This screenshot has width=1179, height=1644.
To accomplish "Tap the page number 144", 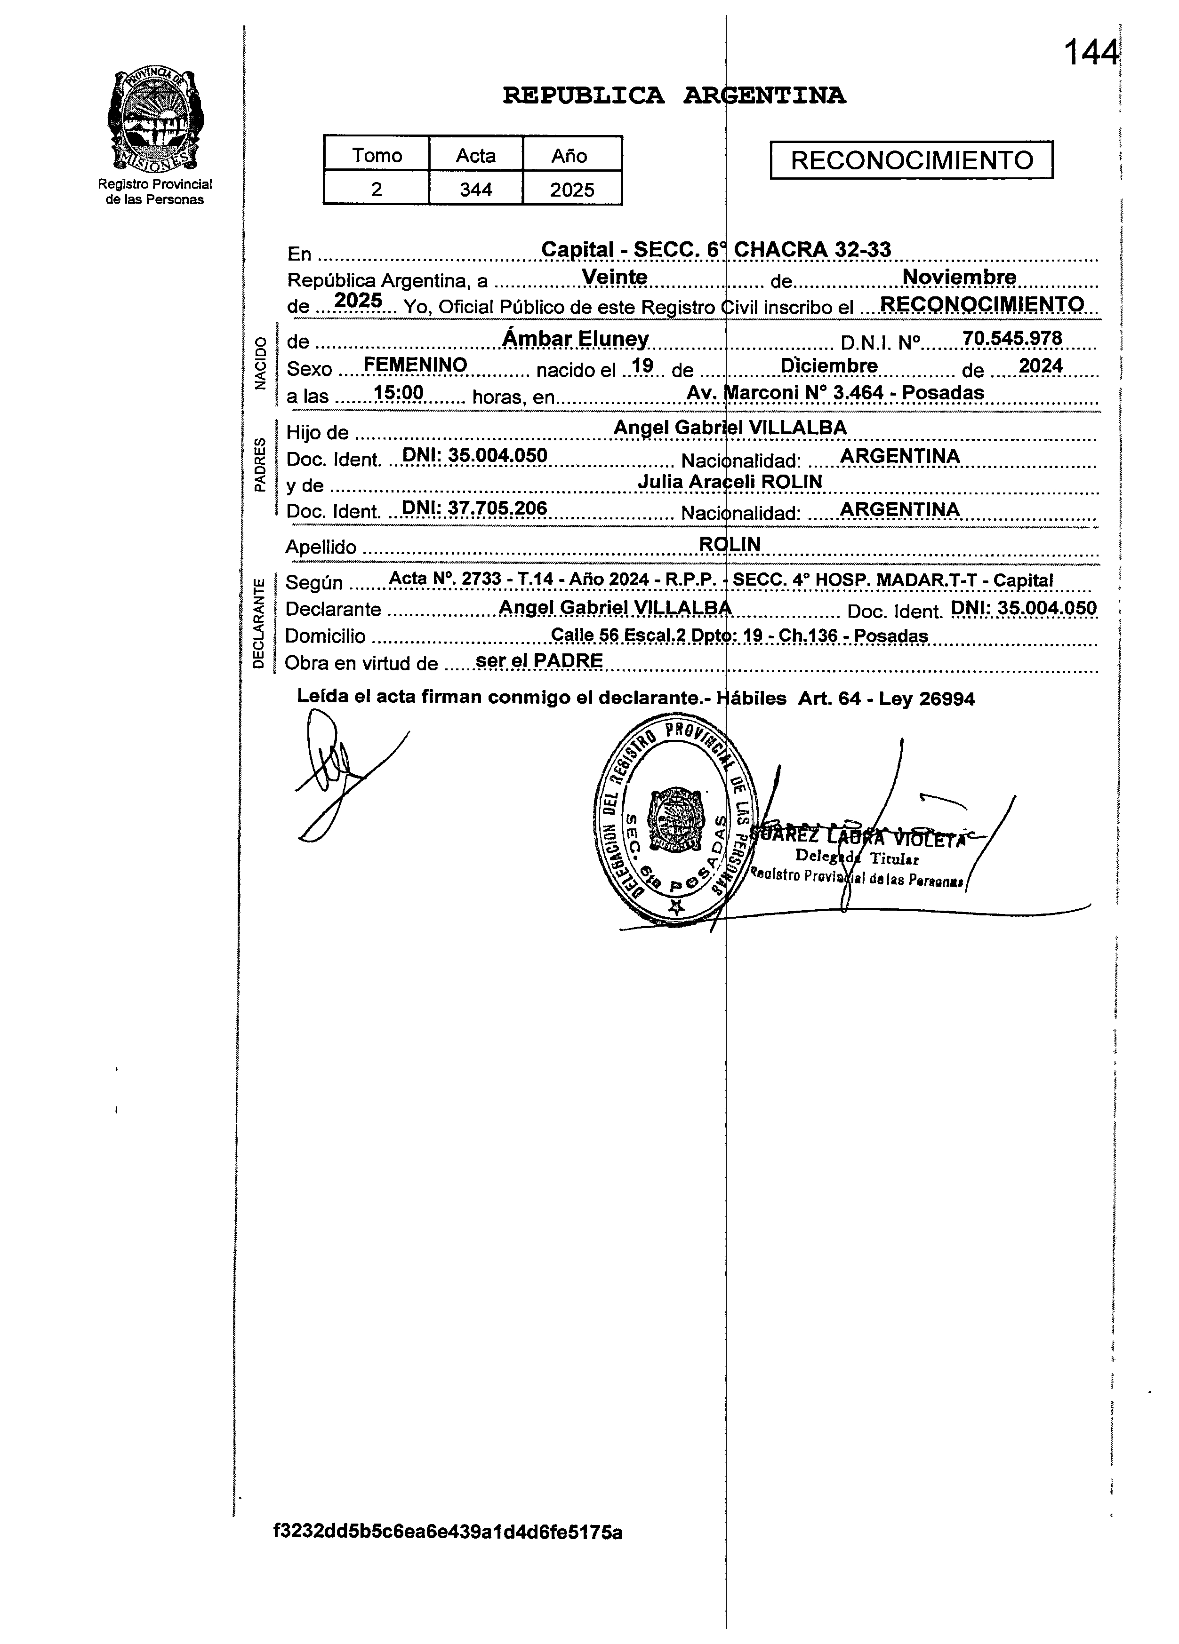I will coord(1090,53).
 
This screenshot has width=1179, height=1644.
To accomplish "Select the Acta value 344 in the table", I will coord(476,190).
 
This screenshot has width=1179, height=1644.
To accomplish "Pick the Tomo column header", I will coord(377,156).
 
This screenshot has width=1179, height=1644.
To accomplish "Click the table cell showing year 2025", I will coord(571,190).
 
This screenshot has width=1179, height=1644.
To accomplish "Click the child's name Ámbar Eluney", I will coord(576,339).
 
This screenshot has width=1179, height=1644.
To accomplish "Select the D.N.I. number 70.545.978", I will coord(1011,338).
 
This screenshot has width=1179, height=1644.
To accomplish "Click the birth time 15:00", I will coord(398,393).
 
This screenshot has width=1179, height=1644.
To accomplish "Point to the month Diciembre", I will coord(829,366).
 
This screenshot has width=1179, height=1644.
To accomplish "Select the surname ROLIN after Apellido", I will coord(730,544).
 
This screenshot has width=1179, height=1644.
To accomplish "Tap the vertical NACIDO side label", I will coord(260,364).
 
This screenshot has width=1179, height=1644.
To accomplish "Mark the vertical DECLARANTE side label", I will coord(258,623).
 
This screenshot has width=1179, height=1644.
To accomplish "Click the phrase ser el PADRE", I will coord(539,660).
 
